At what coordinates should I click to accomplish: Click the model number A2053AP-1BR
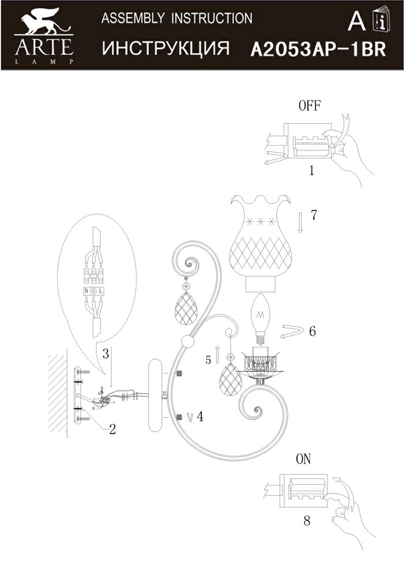click(x=318, y=49)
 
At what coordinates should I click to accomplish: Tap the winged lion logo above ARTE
click(x=44, y=23)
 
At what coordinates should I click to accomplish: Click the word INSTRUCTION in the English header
click(x=212, y=18)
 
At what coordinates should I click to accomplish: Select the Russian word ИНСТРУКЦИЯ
click(x=166, y=49)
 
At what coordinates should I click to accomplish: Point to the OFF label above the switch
click(x=310, y=106)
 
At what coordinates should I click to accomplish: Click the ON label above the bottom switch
click(x=303, y=460)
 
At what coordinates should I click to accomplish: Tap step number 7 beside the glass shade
click(x=314, y=215)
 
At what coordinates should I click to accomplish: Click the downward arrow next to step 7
click(x=300, y=223)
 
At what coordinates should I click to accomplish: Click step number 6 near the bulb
click(x=313, y=331)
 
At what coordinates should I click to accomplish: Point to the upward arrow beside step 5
click(x=217, y=355)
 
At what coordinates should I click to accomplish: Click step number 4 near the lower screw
click(x=200, y=417)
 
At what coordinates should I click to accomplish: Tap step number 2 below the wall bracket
click(x=113, y=429)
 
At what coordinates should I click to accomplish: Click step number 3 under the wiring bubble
click(x=106, y=354)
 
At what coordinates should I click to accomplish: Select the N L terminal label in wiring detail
click(x=94, y=291)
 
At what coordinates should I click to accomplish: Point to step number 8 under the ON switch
click(x=307, y=521)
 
